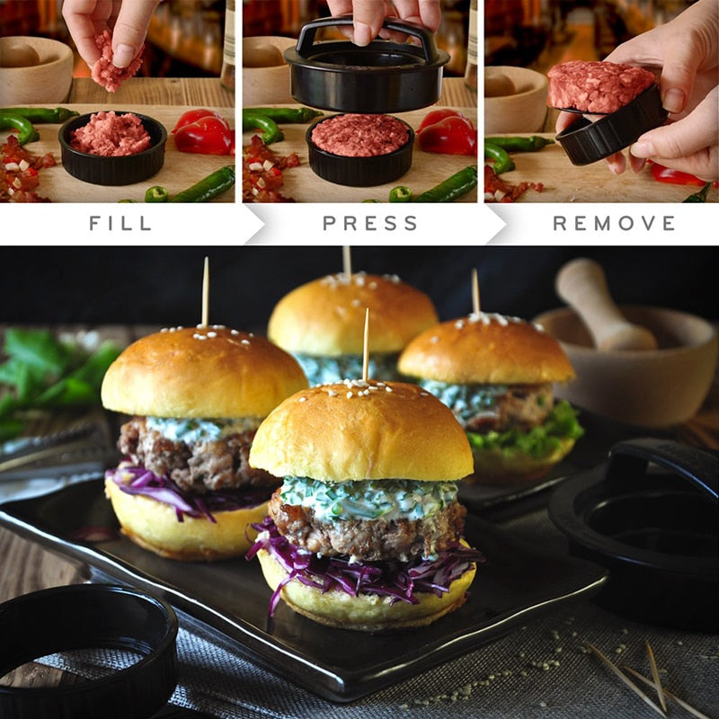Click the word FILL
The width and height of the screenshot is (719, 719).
coord(120,223)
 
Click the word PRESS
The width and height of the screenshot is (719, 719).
coord(370,223)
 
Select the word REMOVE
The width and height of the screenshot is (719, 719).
coord(614,223)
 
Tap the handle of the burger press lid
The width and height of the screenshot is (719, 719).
coord(366,30)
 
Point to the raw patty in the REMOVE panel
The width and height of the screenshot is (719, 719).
coord(600,87)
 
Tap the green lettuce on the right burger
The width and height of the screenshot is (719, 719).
coord(530,436)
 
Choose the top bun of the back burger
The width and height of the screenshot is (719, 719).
coord(351,315)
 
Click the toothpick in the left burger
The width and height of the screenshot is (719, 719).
coord(205,292)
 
